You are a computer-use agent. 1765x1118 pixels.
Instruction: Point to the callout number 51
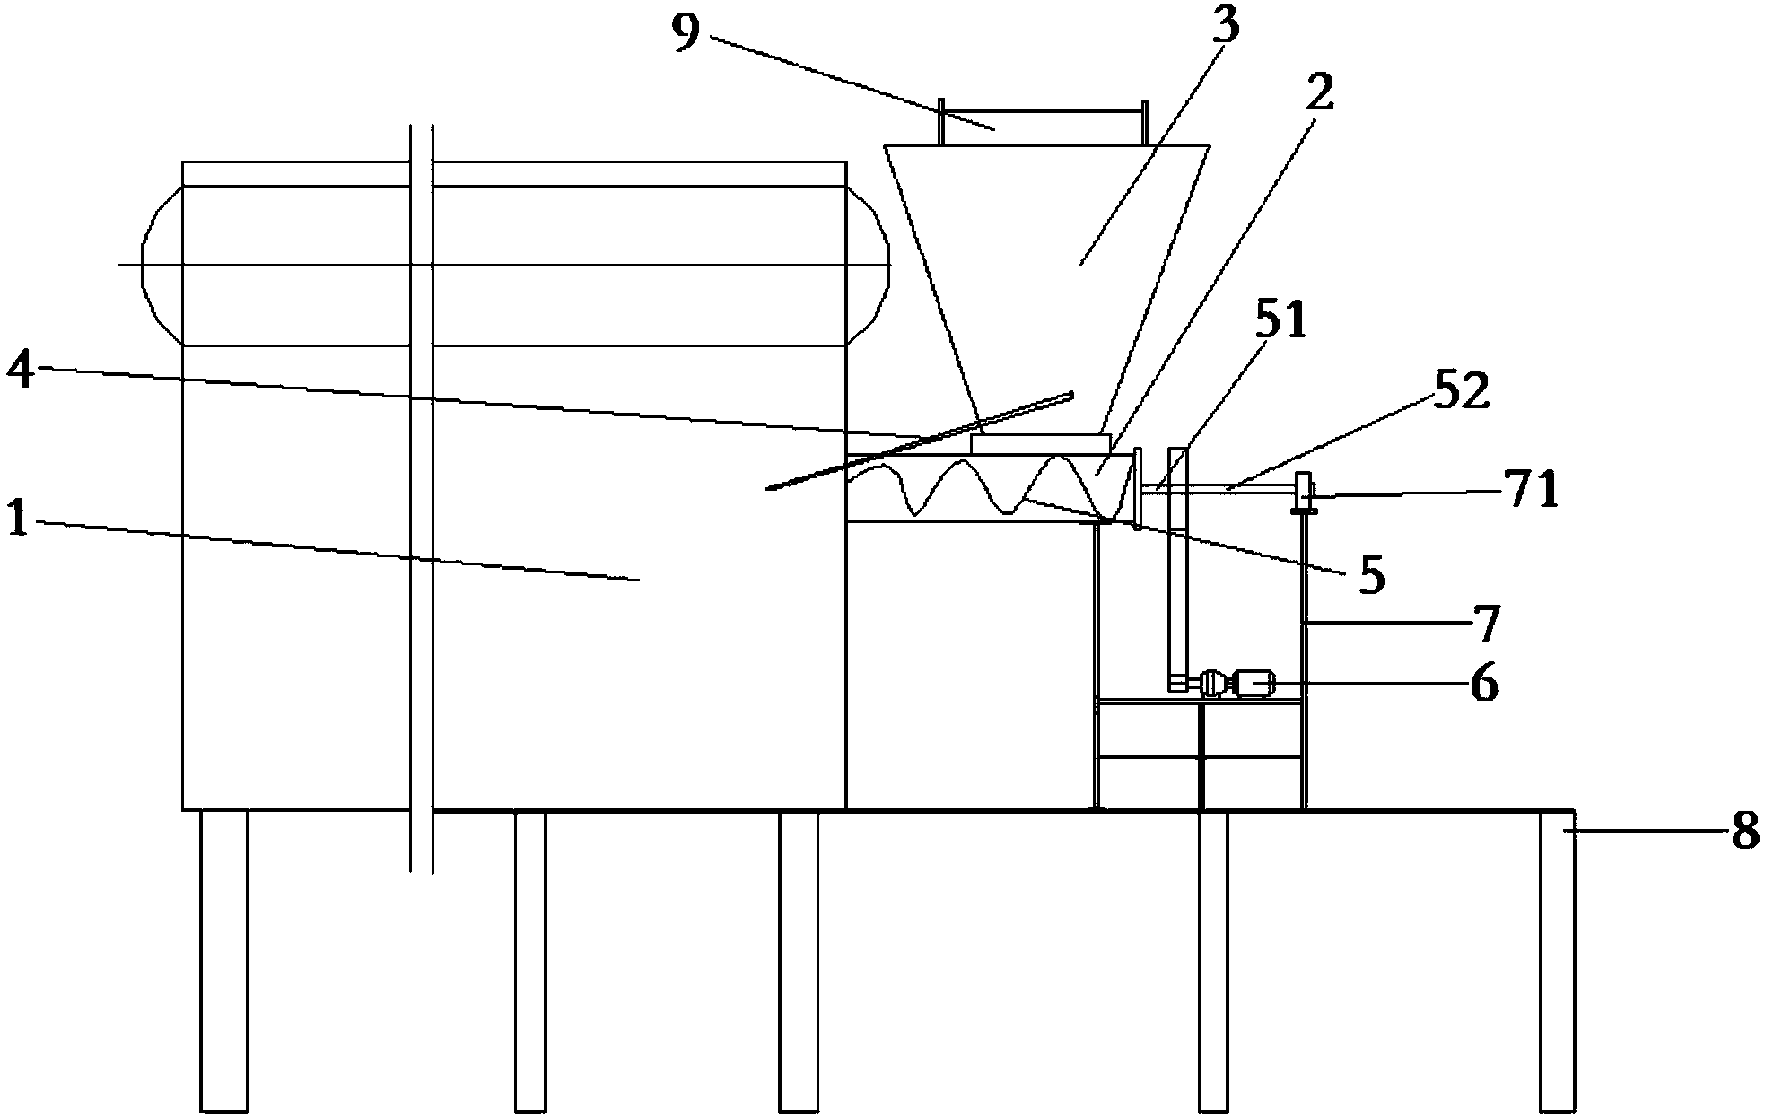pos(1280,321)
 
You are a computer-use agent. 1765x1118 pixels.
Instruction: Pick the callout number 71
pos(1531,491)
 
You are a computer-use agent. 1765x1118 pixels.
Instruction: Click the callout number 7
pos(1486,624)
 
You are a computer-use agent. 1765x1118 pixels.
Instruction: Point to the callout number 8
pos(1744,832)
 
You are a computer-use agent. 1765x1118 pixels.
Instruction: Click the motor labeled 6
pos(1252,686)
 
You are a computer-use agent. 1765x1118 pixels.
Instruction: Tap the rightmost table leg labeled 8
pos(1557,960)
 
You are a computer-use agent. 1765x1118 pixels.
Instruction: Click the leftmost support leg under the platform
pos(223,960)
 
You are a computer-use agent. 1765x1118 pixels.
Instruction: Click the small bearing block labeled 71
pos(1304,494)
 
